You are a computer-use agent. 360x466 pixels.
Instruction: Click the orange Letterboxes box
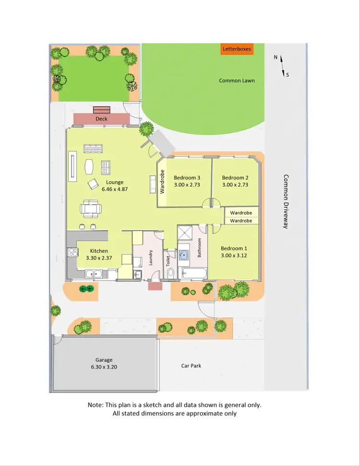pyautogui.click(x=236, y=49)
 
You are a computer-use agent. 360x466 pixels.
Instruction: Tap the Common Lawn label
pyautogui.click(x=237, y=81)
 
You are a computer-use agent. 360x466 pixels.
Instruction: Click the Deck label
pyautogui.click(x=102, y=119)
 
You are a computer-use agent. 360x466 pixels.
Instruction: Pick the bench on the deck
pyautogui.click(x=101, y=110)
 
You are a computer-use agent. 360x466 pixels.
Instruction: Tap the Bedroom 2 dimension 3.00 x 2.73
pyautogui.click(x=235, y=184)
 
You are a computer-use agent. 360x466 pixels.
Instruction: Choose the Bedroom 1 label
pyautogui.click(x=233, y=248)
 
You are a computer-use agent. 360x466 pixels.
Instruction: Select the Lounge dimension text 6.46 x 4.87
pyautogui.click(x=115, y=189)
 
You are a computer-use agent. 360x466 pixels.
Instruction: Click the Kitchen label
pyautogui.click(x=99, y=251)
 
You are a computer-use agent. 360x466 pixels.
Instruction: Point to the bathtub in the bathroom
pyautogui.click(x=192, y=274)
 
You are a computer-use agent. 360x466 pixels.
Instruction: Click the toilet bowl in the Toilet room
pyautogui.click(x=170, y=273)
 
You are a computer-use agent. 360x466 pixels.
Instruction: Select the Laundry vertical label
pyautogui.click(x=150, y=258)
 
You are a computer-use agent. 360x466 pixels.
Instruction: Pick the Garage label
pyautogui.click(x=104, y=360)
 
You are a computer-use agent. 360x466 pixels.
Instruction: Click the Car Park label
pyautogui.click(x=191, y=366)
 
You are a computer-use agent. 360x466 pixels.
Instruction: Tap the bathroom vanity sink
pyautogui.click(x=184, y=255)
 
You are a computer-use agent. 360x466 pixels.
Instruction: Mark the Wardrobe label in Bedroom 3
pyautogui.click(x=162, y=182)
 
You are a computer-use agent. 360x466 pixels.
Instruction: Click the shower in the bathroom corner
pyautogui.click(x=185, y=233)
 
